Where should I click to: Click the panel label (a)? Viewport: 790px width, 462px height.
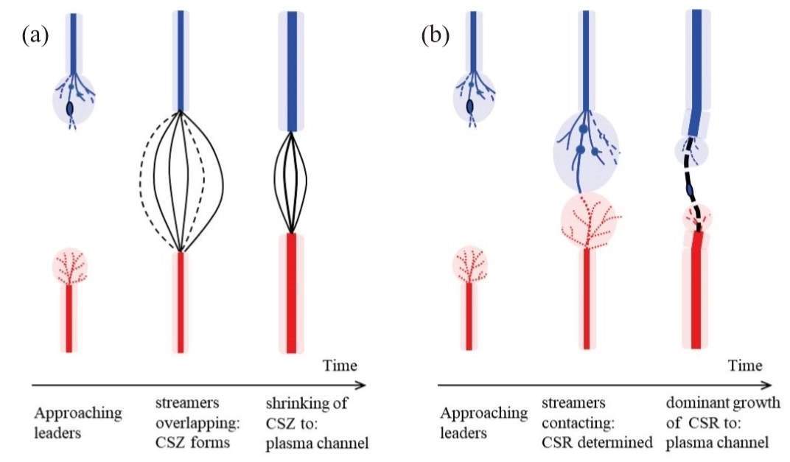35,35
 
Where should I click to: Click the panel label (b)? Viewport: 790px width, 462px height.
435,35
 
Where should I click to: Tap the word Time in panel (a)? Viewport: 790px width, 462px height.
340,365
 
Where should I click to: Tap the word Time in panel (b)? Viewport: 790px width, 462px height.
745,365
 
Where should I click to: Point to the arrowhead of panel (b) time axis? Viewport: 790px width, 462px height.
768,384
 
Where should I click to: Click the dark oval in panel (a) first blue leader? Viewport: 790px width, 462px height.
70,108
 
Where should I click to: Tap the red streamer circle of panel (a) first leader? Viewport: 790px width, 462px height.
71,267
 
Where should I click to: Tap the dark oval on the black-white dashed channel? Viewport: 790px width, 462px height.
691,192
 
